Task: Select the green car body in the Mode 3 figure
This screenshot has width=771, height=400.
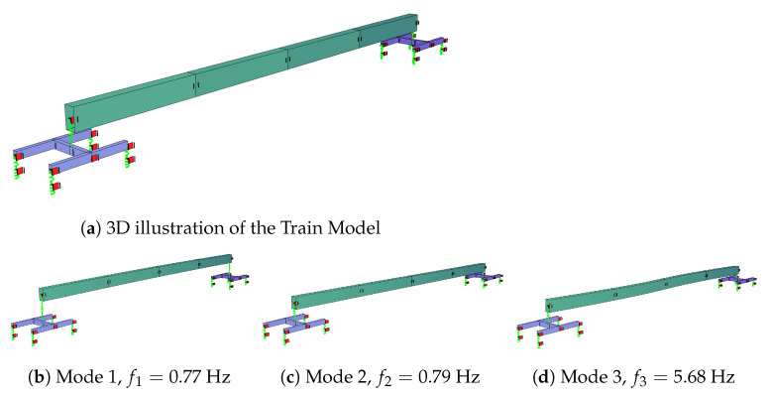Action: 644,287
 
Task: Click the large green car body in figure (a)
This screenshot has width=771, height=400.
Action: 238,69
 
